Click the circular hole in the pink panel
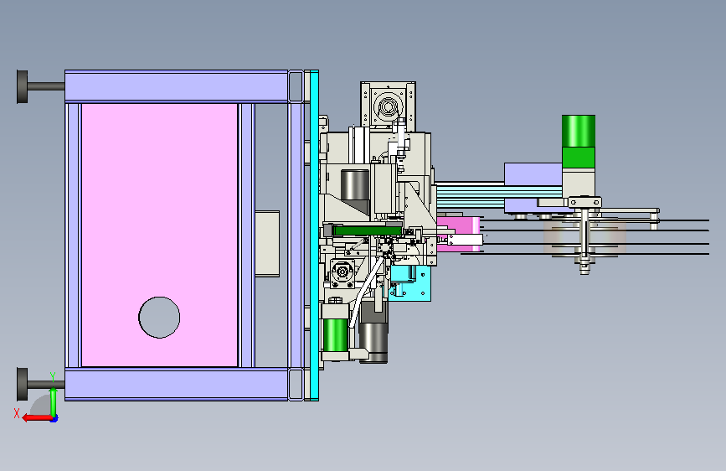pos(159,318)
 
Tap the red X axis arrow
pos(37,418)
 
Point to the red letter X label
pos(17,413)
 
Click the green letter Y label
pos(53,377)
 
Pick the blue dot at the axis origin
pos(54,419)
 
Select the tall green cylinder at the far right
pos(579,142)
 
